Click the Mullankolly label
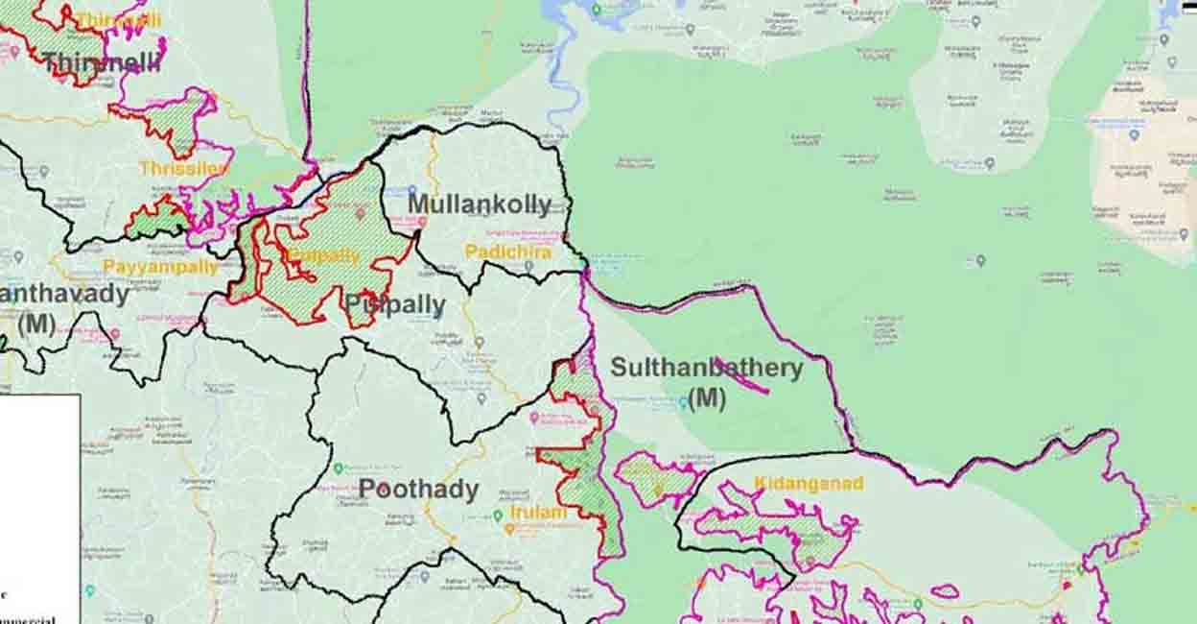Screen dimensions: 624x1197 click(x=480, y=204)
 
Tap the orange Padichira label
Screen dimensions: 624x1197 click(x=508, y=252)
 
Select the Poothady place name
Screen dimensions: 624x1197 click(x=418, y=490)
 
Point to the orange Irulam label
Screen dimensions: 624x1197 click(x=539, y=513)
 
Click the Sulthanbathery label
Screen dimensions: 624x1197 click(x=707, y=368)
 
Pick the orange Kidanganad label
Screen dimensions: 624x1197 click(x=809, y=483)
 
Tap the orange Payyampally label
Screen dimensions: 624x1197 click(x=161, y=267)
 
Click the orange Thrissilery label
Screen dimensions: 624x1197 click(x=183, y=168)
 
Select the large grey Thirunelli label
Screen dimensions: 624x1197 click(x=101, y=63)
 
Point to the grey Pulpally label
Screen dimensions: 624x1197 click(x=395, y=306)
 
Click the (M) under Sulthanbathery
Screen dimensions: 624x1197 click(x=707, y=398)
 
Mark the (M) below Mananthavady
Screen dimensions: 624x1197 click(x=36, y=324)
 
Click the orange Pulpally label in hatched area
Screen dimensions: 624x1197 click(x=322, y=256)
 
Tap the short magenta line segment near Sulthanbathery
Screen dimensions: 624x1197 click(x=739, y=374)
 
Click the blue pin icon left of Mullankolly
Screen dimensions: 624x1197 click(x=412, y=191)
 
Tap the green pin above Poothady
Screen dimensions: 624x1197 click(x=338, y=468)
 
